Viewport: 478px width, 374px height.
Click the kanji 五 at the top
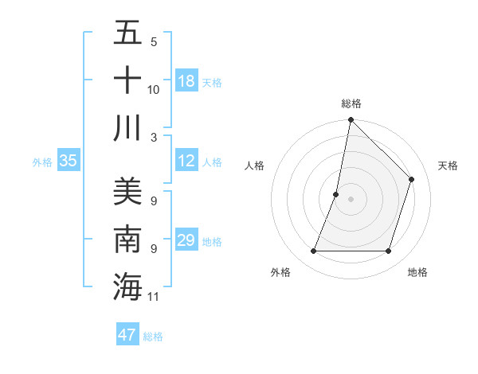pyautogui.click(x=127, y=34)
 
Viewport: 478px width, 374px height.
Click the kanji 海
pyautogui.click(x=127, y=286)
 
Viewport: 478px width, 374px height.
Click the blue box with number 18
pyautogui.click(x=186, y=80)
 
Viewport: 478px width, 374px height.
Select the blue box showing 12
pyautogui.click(x=186, y=161)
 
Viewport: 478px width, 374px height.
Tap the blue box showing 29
pyautogui.click(x=186, y=240)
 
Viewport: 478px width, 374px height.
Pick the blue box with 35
pyautogui.click(x=69, y=161)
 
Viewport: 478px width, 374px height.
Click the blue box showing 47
pyautogui.click(x=127, y=335)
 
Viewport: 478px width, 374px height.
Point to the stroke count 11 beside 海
pyautogui.click(x=155, y=297)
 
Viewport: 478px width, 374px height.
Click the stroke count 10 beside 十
pyautogui.click(x=154, y=90)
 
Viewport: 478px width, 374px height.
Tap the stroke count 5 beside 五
pyautogui.click(x=154, y=42)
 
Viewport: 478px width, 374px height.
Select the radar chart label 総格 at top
pyautogui.click(x=351, y=103)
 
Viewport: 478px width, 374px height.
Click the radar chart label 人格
pyautogui.click(x=254, y=166)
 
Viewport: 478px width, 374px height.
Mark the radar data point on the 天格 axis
pyautogui.click(x=412, y=179)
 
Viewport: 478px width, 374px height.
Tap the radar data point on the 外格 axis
pyautogui.click(x=313, y=251)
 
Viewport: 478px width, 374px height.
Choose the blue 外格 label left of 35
pyautogui.click(x=42, y=162)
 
